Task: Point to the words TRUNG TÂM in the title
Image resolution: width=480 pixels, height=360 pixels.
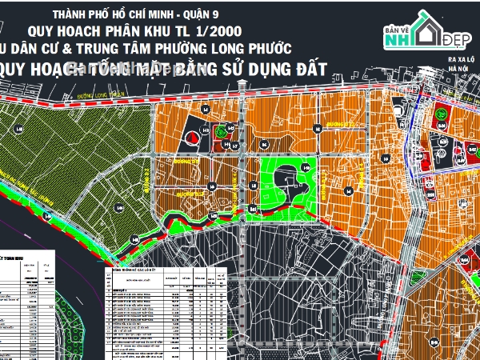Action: (141, 47)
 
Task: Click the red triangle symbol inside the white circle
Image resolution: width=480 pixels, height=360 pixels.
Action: (191, 137)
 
